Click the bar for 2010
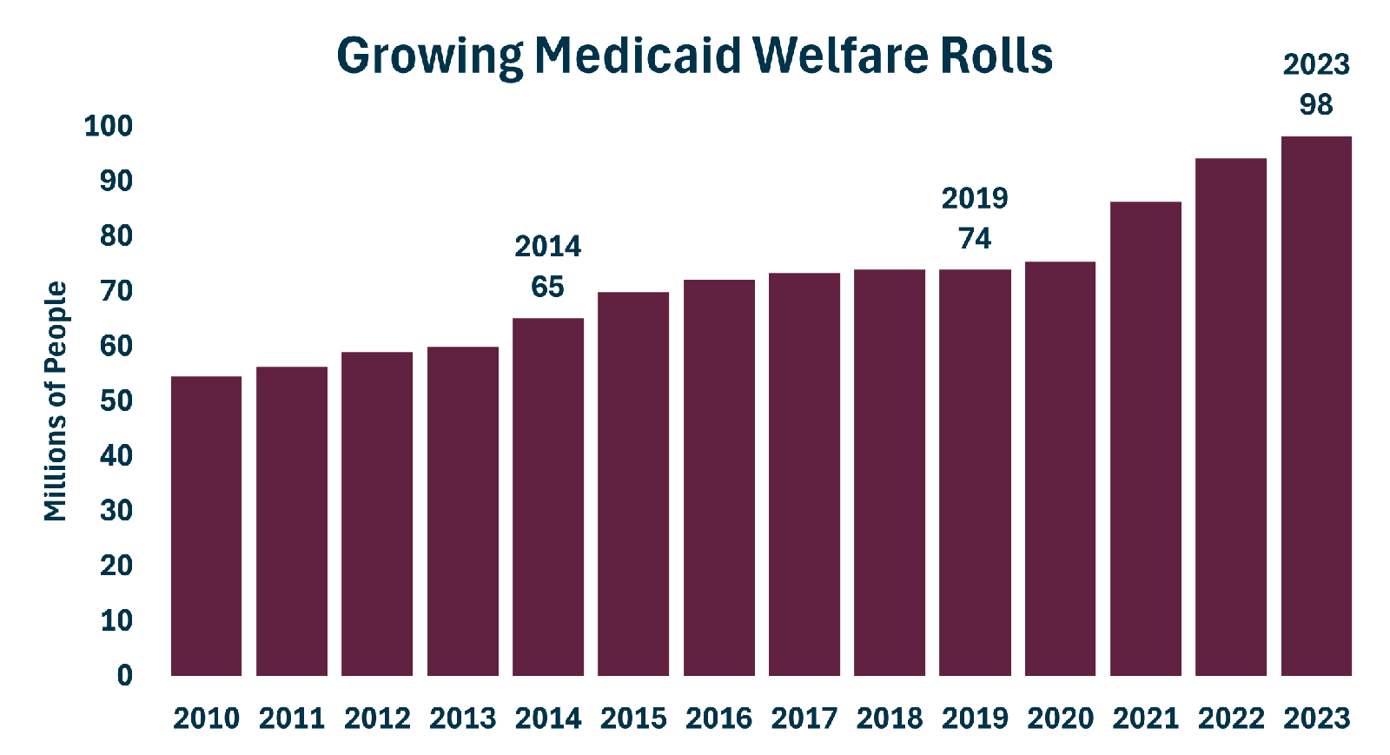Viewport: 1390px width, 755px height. click(x=206, y=527)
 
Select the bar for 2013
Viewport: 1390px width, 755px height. click(x=463, y=511)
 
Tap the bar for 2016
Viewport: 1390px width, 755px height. click(x=719, y=478)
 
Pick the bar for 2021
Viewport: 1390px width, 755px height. click(x=1146, y=439)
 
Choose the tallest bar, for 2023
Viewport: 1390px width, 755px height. click(x=1316, y=406)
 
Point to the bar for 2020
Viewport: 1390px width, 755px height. click(x=1060, y=469)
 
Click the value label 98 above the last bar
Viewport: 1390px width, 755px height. click(x=1316, y=104)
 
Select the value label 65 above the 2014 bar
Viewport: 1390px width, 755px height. click(x=547, y=287)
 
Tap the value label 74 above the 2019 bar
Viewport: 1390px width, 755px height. click(x=975, y=238)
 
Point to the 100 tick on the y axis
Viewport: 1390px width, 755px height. click(x=109, y=126)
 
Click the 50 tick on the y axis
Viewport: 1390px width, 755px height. click(x=116, y=401)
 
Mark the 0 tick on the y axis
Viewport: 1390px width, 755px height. click(x=125, y=676)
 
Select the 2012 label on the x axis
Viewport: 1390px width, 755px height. click(x=377, y=719)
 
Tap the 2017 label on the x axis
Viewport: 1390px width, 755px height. click(x=804, y=719)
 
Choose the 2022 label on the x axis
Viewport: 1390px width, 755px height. click(x=1231, y=719)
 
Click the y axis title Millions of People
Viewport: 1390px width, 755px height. click(x=56, y=401)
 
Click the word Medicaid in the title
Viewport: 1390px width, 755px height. click(x=638, y=56)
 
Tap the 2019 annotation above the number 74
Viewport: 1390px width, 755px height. click(x=975, y=198)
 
